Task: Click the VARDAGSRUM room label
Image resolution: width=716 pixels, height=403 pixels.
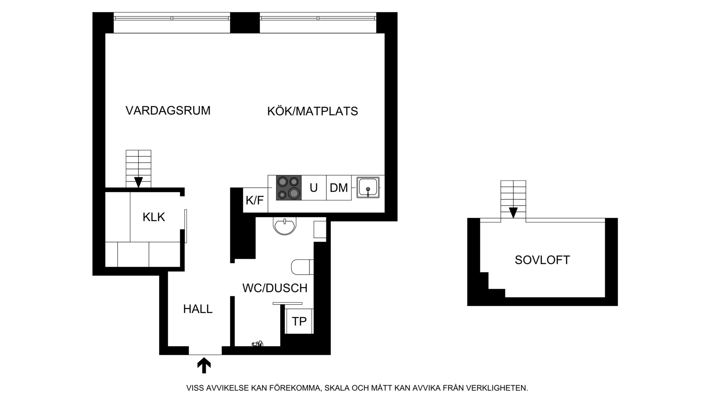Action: pyautogui.click(x=168, y=110)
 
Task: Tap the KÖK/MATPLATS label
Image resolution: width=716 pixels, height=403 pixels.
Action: pyautogui.click(x=313, y=111)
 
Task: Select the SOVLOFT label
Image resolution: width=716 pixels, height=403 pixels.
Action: pyautogui.click(x=542, y=260)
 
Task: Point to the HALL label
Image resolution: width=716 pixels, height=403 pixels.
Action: pyautogui.click(x=198, y=309)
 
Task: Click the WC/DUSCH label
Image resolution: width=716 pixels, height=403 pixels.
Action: pyautogui.click(x=275, y=288)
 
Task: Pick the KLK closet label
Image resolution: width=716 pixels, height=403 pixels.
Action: pyautogui.click(x=154, y=217)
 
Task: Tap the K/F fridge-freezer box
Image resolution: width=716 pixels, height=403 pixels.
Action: pyautogui.click(x=255, y=200)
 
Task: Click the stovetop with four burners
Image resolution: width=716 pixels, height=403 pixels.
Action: pyautogui.click(x=289, y=188)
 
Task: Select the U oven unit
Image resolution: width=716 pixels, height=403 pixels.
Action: pyautogui.click(x=314, y=188)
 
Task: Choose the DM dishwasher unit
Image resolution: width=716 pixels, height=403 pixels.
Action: pyautogui.click(x=339, y=188)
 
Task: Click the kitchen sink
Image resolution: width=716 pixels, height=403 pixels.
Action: pyautogui.click(x=368, y=187)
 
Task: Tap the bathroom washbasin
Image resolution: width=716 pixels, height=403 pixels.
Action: pyautogui.click(x=285, y=226)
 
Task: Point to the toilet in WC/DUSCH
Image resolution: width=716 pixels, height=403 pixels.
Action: pyautogui.click(x=302, y=267)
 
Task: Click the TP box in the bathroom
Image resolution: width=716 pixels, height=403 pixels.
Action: pyautogui.click(x=299, y=321)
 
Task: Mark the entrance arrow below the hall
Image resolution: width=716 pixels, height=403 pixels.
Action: pyautogui.click(x=204, y=366)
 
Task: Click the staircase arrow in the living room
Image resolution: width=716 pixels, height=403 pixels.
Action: pyautogui.click(x=138, y=182)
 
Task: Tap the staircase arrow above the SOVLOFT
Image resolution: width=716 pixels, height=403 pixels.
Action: pyautogui.click(x=513, y=213)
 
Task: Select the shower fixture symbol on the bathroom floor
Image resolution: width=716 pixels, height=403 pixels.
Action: pyautogui.click(x=257, y=344)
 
